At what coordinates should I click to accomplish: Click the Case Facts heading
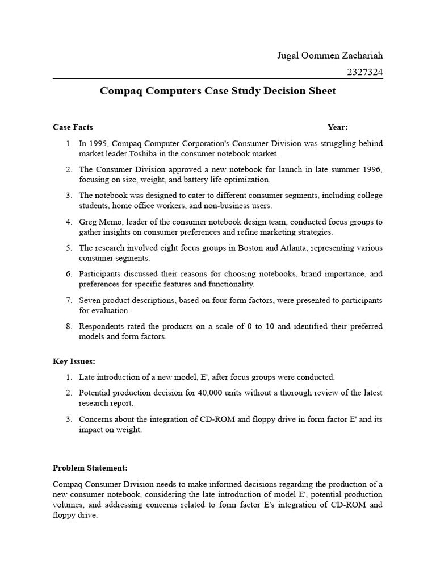73,127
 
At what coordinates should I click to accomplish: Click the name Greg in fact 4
88,222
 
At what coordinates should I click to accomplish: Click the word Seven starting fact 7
90,300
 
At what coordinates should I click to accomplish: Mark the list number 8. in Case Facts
69,326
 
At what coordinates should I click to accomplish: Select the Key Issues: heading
74,361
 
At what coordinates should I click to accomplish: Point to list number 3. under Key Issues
69,419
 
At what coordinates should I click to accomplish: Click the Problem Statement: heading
90,468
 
